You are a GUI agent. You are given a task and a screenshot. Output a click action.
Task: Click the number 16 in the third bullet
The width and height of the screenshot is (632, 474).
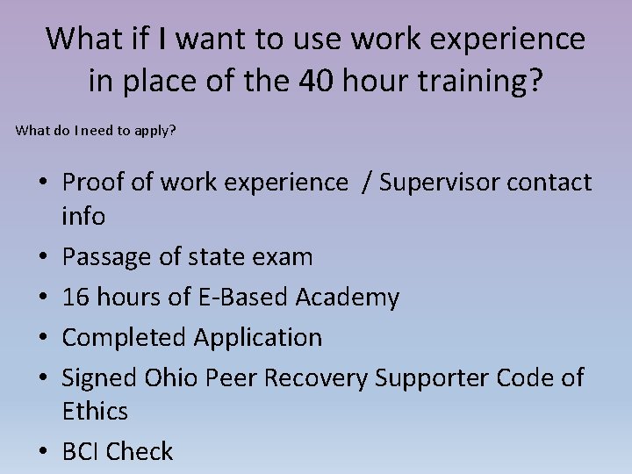pyautogui.click(x=76, y=297)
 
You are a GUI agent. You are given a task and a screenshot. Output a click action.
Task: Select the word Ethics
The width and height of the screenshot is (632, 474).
pyautogui.click(x=95, y=410)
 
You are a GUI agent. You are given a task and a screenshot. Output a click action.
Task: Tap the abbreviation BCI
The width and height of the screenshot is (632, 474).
pyautogui.click(x=84, y=450)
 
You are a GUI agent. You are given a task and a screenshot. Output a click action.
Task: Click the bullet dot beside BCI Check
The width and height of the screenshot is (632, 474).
pyautogui.click(x=45, y=451)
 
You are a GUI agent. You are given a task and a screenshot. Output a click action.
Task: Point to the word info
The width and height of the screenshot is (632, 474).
pyautogui.click(x=83, y=216)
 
